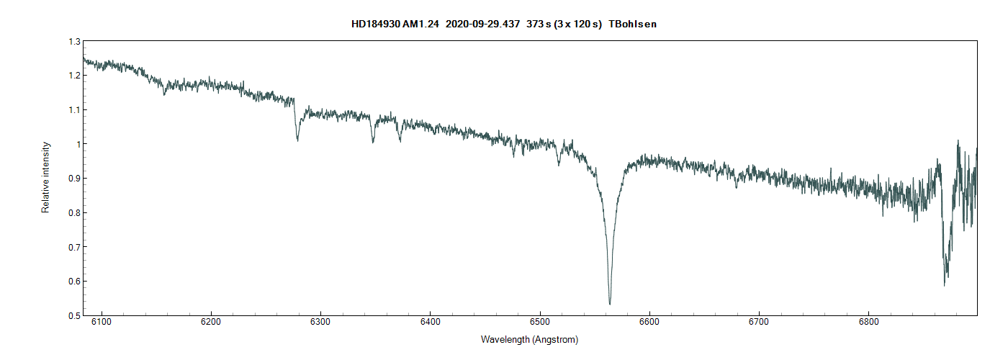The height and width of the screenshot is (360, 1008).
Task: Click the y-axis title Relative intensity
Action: (x=46, y=177)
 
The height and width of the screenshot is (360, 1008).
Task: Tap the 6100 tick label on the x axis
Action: (x=102, y=322)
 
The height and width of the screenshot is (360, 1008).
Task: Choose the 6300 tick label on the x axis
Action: (x=320, y=322)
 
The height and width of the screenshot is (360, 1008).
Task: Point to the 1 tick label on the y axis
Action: (x=77, y=144)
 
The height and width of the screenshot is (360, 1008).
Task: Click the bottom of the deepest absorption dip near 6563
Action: (x=610, y=304)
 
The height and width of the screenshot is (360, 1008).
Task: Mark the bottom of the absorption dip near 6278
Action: (x=297, y=140)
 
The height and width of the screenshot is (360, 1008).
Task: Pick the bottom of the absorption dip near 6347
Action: (x=373, y=142)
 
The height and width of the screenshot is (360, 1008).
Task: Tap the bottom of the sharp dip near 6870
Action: (x=944, y=285)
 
